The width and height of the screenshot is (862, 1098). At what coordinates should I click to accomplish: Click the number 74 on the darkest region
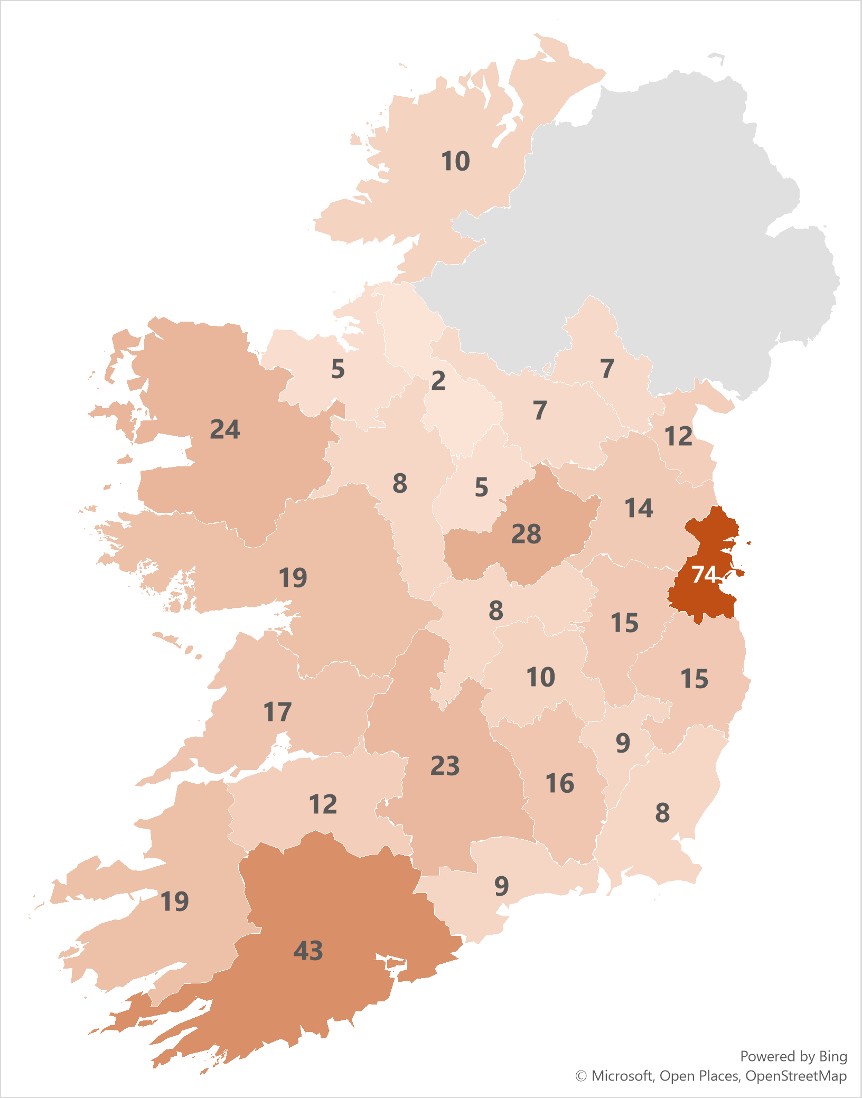point(704,574)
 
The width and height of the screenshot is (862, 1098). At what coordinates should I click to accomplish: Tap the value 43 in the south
point(308,951)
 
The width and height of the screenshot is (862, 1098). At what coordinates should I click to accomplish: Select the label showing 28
point(526,534)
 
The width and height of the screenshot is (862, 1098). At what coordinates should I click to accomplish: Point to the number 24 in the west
point(225,429)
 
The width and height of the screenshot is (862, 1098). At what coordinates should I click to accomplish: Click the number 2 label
point(438,381)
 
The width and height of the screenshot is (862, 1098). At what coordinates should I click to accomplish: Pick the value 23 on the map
point(445,766)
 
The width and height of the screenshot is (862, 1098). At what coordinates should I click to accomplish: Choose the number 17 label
point(277,712)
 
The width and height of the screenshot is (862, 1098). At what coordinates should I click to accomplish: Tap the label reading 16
point(559,783)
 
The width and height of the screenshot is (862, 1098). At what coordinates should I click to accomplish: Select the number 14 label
point(639,508)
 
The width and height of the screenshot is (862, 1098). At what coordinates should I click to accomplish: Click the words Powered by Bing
point(793,1056)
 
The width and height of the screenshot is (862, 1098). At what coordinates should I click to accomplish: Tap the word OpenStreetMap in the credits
point(796,1076)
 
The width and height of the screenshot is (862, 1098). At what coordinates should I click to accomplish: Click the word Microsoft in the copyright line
point(622,1076)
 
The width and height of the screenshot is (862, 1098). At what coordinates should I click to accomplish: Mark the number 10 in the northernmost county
point(455,161)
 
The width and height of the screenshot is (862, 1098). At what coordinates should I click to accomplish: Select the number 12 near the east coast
point(678,436)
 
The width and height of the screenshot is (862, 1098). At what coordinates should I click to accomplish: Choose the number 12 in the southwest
point(323,804)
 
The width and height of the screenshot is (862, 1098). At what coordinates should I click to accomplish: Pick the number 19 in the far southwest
point(174,901)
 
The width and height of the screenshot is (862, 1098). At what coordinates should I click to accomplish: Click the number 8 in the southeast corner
point(662,813)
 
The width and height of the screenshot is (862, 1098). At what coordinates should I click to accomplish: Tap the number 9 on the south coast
point(501,886)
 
